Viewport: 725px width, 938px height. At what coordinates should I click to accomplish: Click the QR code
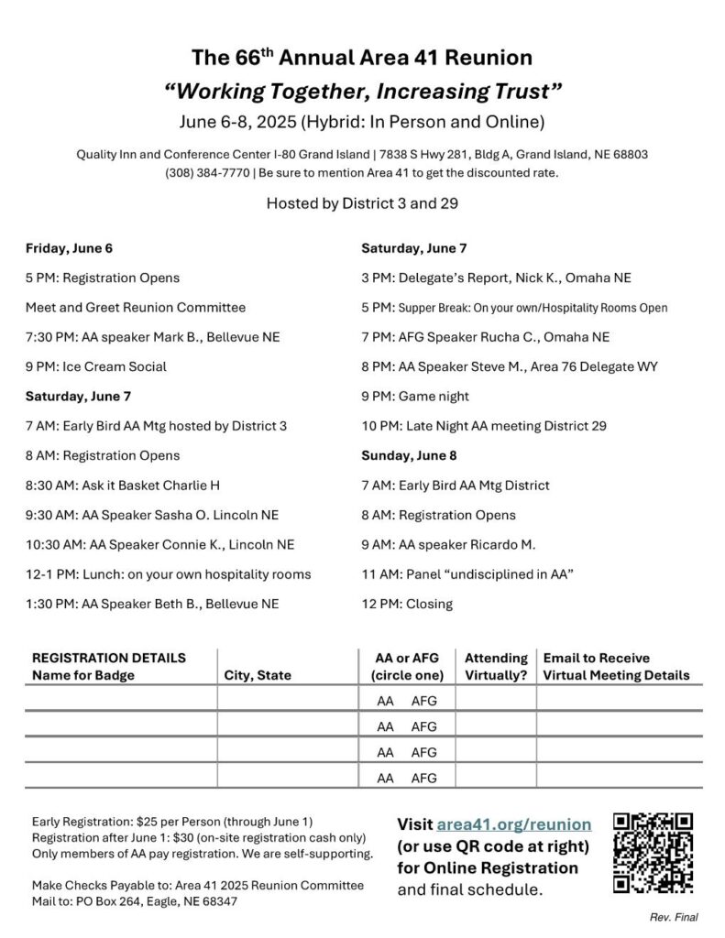[652, 853]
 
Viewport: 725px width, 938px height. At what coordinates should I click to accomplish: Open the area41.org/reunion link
[514, 823]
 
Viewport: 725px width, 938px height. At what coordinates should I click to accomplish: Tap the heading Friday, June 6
[69, 248]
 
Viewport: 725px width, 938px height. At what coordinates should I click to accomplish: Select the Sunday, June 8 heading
[409, 455]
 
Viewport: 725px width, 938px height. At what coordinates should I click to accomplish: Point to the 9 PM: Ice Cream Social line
[96, 366]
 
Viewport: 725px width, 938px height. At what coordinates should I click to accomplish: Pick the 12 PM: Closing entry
[407, 604]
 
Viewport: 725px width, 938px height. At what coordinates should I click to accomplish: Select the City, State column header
[258, 676]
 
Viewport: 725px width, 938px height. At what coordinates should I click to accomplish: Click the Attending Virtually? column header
[496, 667]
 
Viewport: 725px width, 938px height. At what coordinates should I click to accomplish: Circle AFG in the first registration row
[424, 702]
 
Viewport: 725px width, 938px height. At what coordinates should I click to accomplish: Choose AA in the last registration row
[387, 779]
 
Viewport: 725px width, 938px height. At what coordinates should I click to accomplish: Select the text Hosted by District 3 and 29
[362, 203]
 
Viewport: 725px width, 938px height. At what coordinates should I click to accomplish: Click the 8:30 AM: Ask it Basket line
[123, 485]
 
